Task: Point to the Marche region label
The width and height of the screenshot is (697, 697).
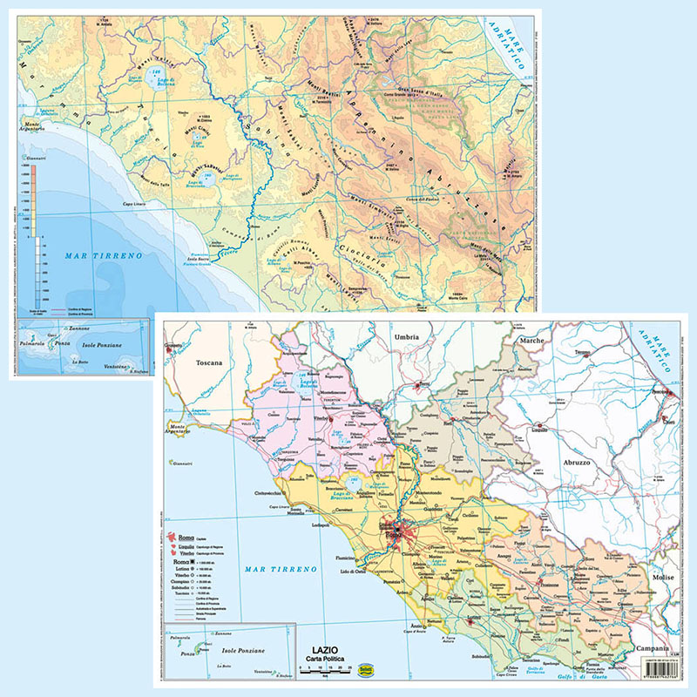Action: pos(532,341)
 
